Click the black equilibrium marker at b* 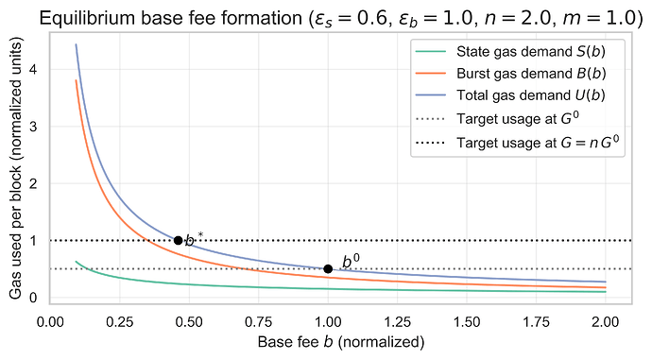(x=178, y=240)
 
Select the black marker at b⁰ (x=328, y=268)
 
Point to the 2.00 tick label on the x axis (x=605, y=320)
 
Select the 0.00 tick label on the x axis (x=51, y=320)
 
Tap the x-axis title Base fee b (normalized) (x=340, y=341)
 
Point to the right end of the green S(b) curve (x=605, y=292)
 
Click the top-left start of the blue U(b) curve (x=77, y=45)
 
